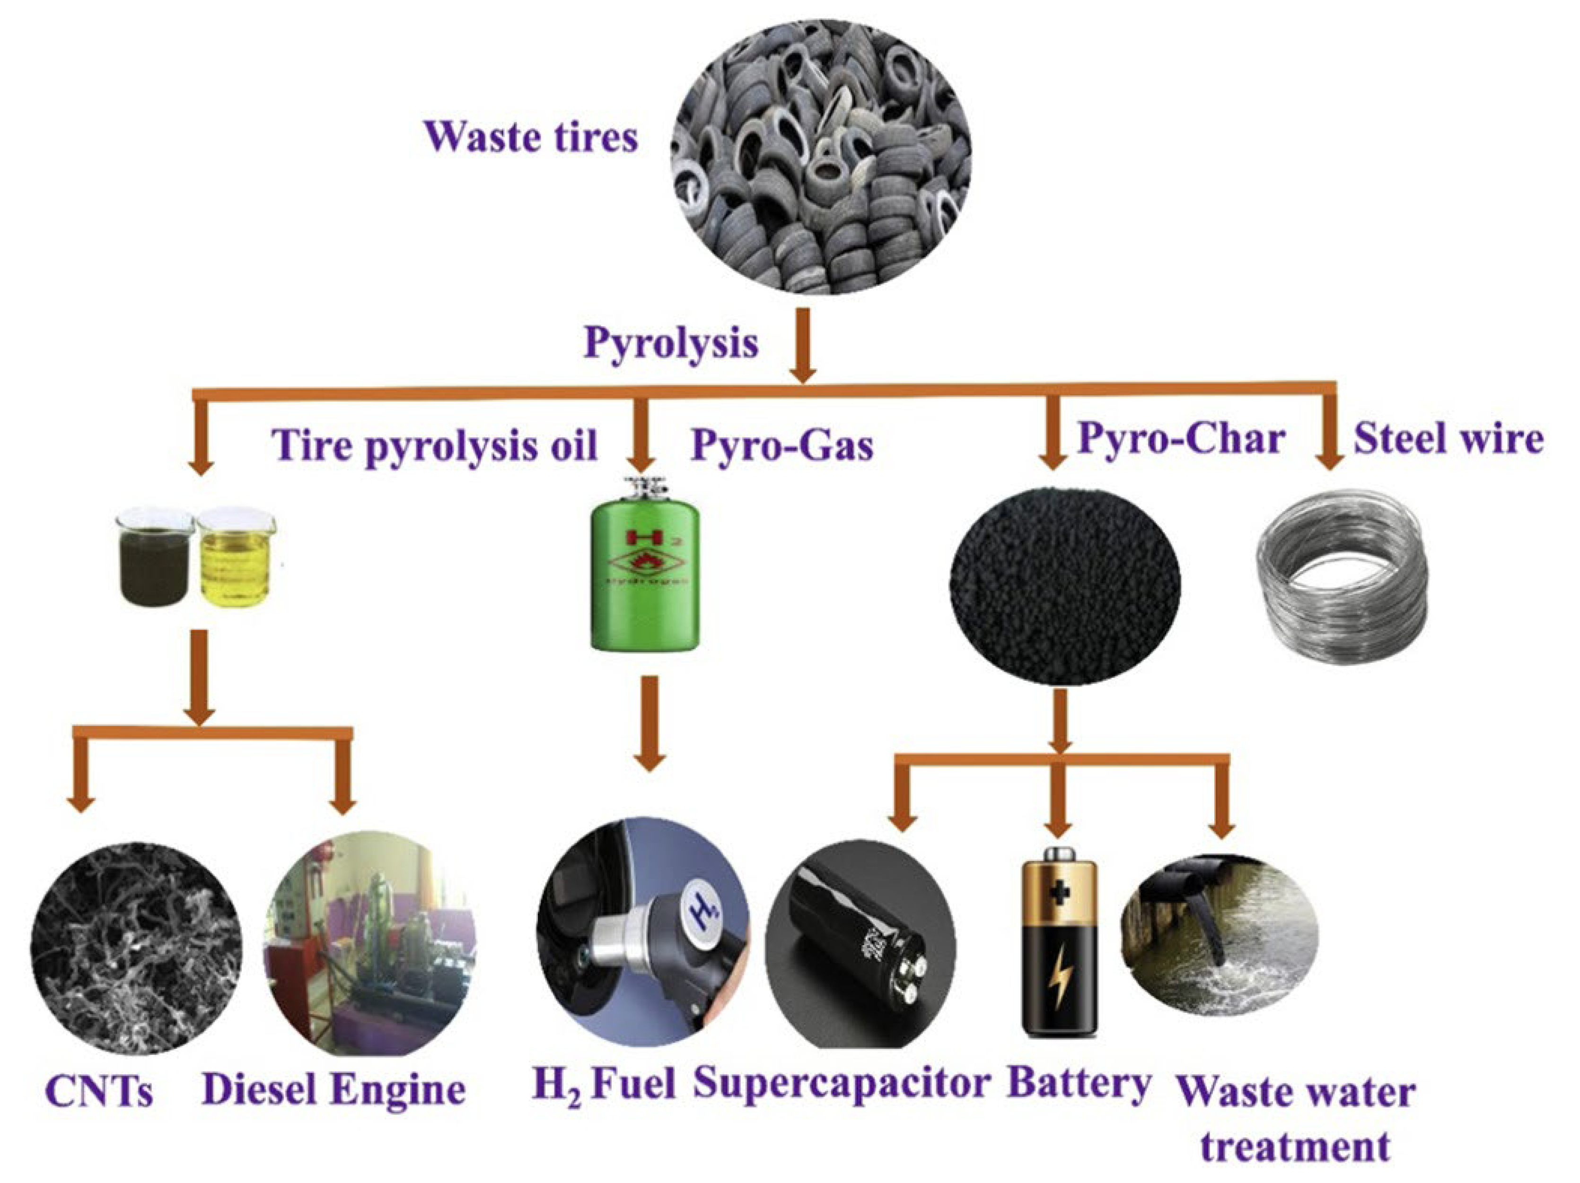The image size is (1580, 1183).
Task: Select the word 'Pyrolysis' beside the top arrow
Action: coord(671,343)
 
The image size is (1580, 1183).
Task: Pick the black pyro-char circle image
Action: coord(1064,585)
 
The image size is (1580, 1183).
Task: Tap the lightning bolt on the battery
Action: coord(1059,976)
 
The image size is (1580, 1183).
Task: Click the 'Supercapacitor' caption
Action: coord(842,1084)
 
